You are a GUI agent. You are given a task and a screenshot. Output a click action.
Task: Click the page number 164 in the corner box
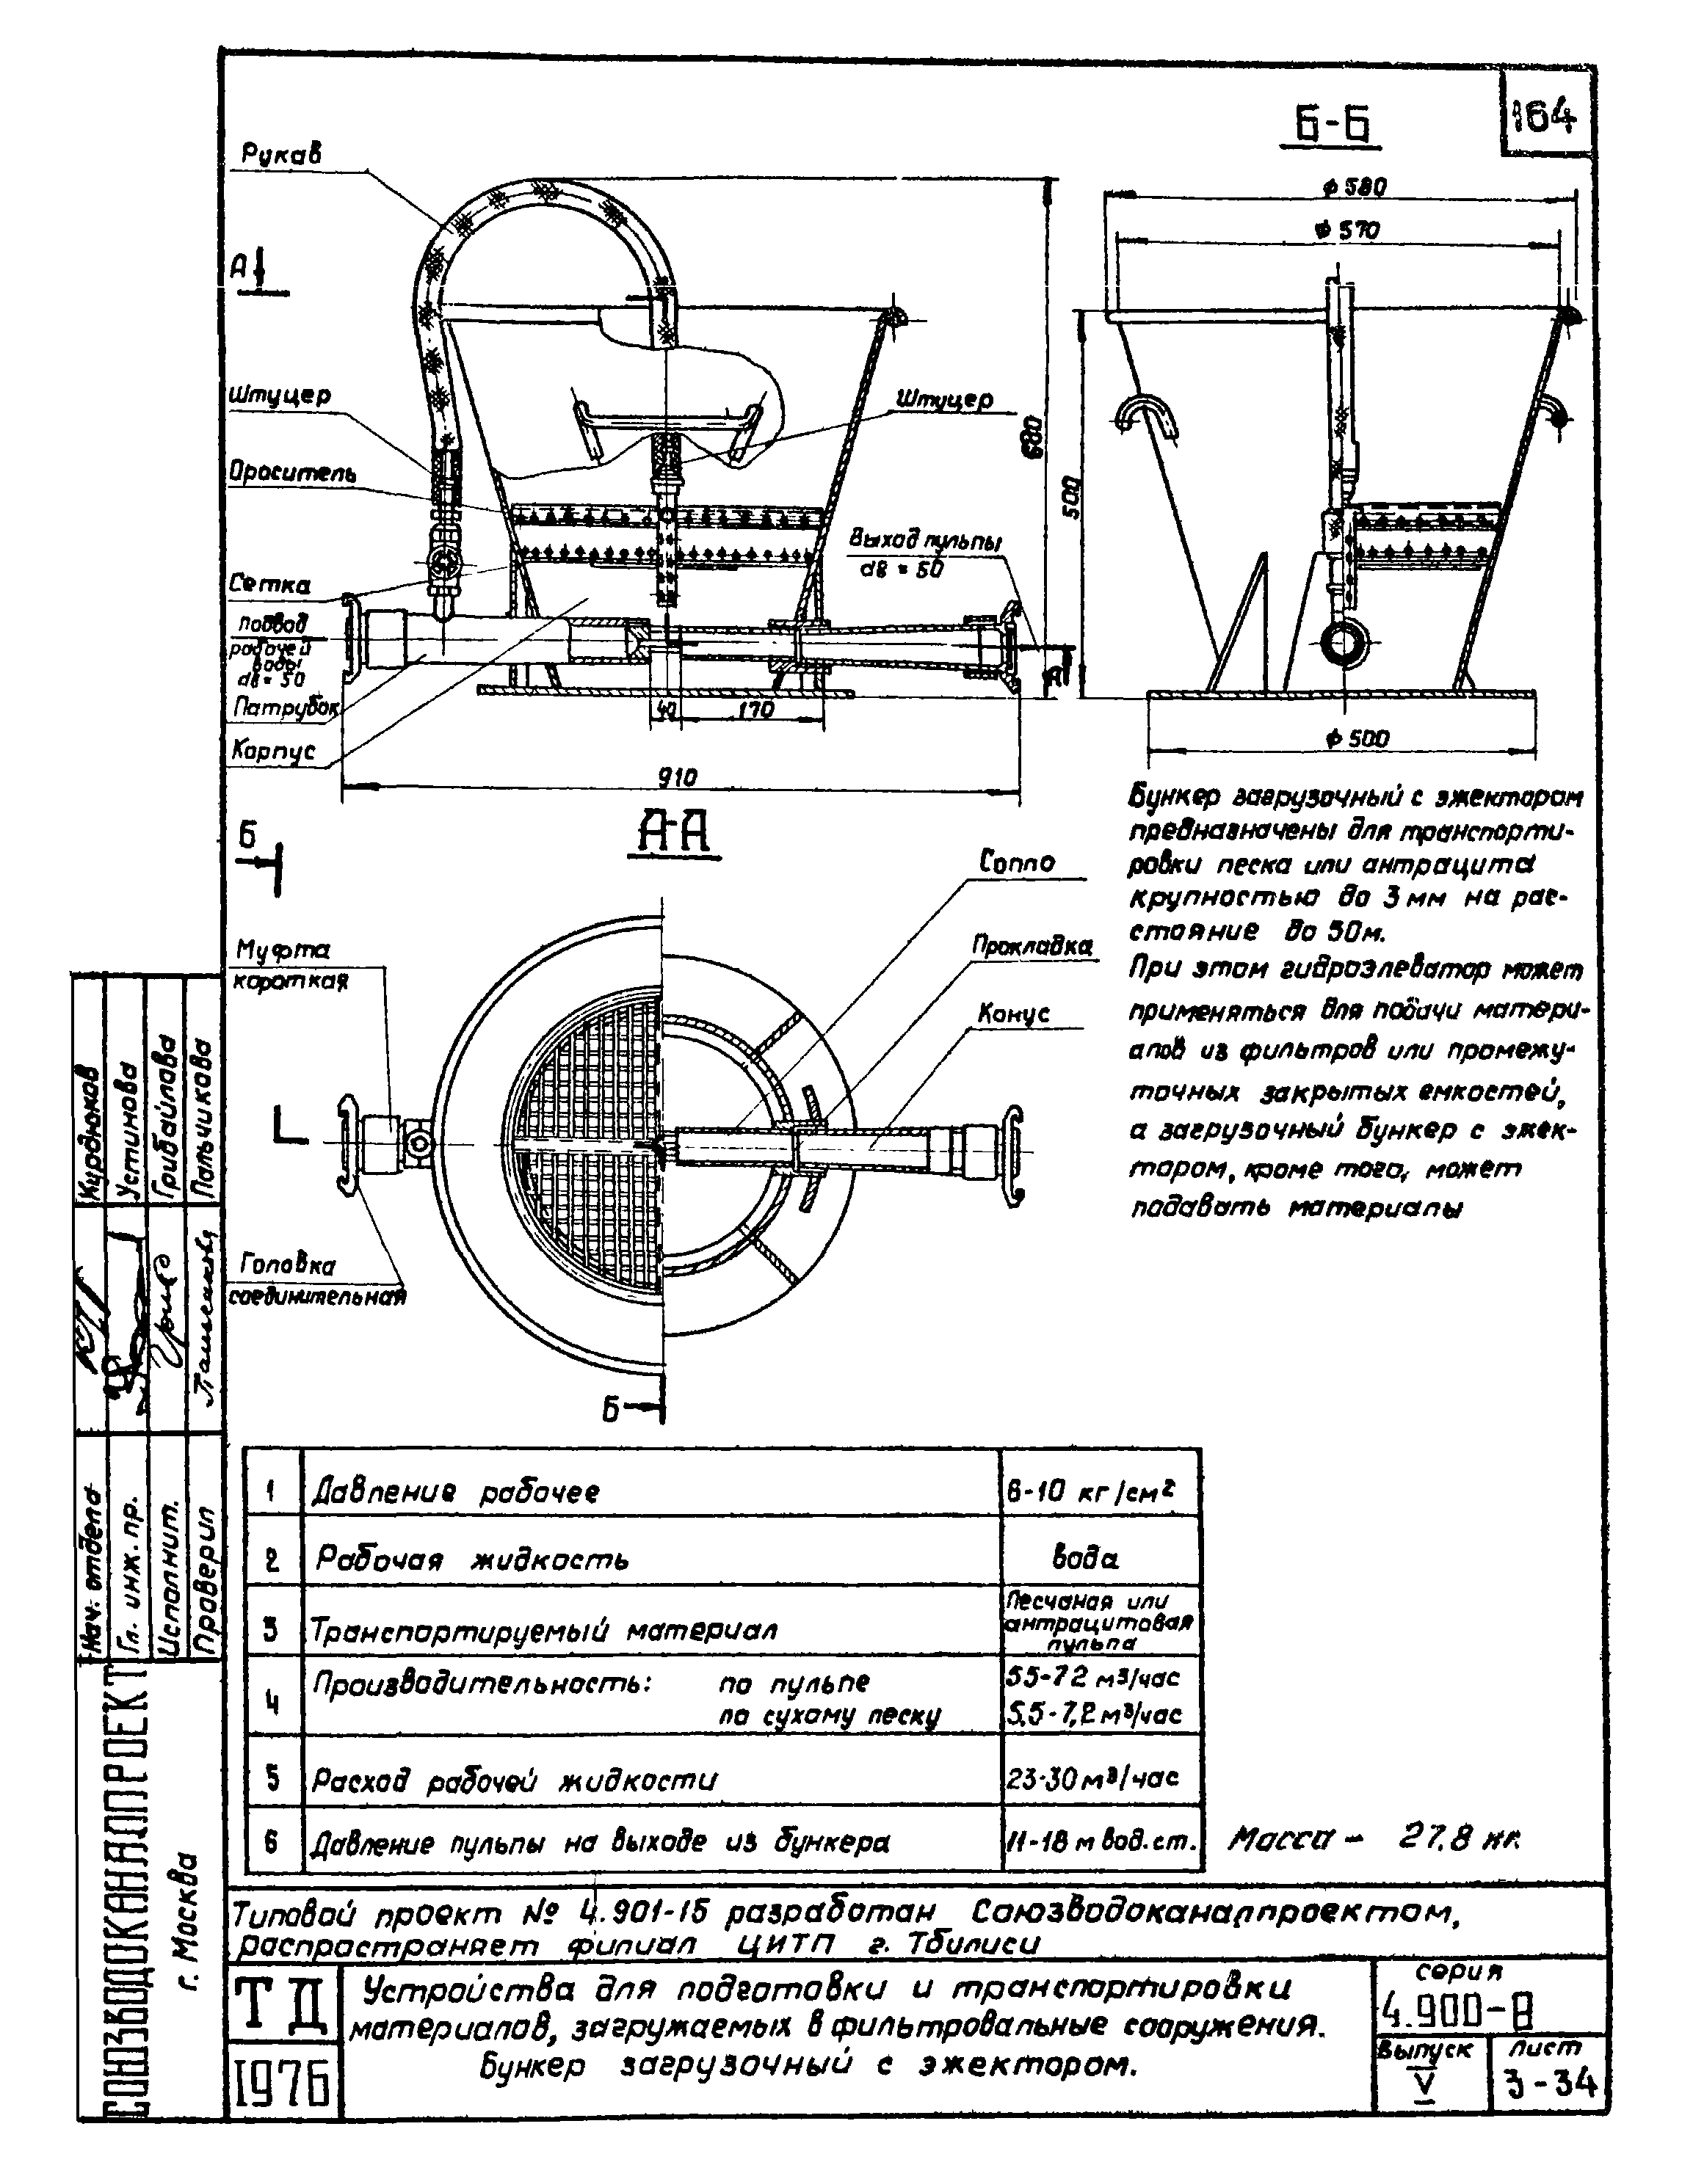[x=1545, y=120]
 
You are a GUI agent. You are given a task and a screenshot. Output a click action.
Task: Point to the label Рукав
[x=282, y=154]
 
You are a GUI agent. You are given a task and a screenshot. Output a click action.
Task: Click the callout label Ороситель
[x=292, y=471]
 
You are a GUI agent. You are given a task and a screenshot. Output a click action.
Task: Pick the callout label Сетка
[x=269, y=585]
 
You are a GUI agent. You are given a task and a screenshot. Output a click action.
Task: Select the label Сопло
[x=1016, y=861]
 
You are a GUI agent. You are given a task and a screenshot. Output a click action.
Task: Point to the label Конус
[x=1013, y=1014]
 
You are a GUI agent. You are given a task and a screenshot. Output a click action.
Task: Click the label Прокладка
[x=1032, y=945]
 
